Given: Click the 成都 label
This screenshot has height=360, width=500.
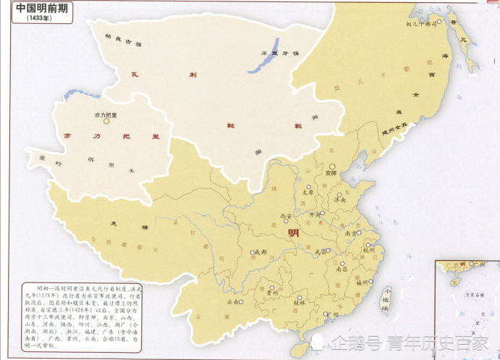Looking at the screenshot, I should click(x=259, y=251).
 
